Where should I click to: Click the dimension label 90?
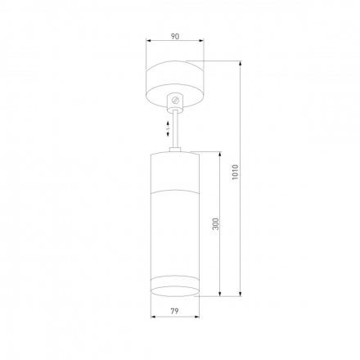click(x=175, y=36)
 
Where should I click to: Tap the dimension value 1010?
click(x=235, y=172)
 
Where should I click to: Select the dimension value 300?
click(x=215, y=223)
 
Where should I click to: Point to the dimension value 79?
click(x=174, y=311)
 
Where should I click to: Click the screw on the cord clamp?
click(x=175, y=100)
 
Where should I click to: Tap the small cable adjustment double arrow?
click(x=169, y=128)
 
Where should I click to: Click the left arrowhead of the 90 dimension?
click(x=149, y=41)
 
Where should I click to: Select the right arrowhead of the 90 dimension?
click(x=201, y=41)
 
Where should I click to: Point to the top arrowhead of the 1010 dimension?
click(x=240, y=63)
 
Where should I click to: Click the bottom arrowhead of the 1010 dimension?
click(x=240, y=294)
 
